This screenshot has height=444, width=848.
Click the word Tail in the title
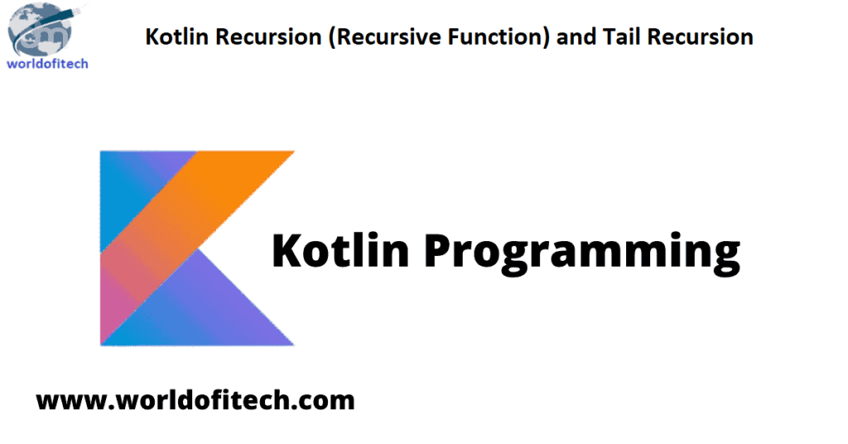(x=621, y=36)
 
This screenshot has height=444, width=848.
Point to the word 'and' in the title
(x=576, y=36)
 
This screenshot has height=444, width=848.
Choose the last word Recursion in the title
(x=700, y=36)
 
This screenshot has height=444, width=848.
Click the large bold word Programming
(x=581, y=253)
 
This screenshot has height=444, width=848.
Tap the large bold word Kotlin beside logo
(x=340, y=249)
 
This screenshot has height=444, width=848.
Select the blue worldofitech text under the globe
(x=47, y=64)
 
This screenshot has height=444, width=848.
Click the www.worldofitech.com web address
(x=195, y=400)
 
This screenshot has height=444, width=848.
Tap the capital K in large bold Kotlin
(x=289, y=250)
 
